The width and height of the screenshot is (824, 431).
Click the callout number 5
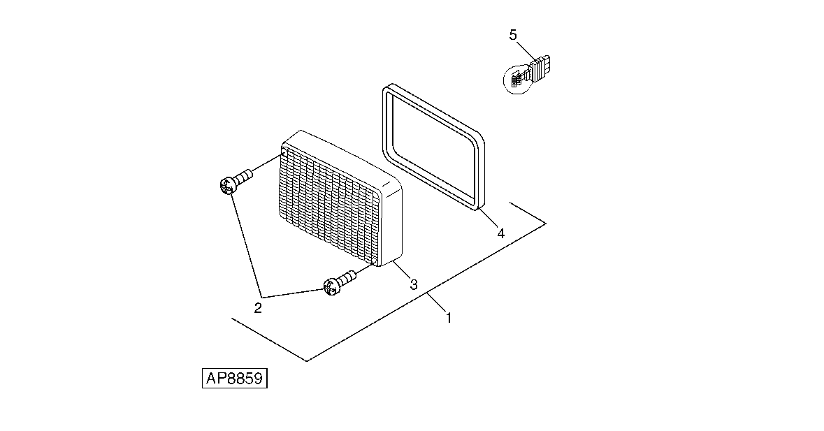point(513,35)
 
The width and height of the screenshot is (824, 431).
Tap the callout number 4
point(501,233)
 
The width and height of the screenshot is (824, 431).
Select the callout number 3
point(414,284)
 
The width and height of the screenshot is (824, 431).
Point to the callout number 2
point(257,308)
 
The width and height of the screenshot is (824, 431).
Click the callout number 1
point(449,318)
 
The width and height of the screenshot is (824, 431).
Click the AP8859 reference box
point(235,379)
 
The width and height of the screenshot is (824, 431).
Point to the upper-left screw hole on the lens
point(284,153)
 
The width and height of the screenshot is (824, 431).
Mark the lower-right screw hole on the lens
point(374,261)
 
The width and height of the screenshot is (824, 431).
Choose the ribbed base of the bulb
point(540,68)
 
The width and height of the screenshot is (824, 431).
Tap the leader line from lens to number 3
point(402,272)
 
